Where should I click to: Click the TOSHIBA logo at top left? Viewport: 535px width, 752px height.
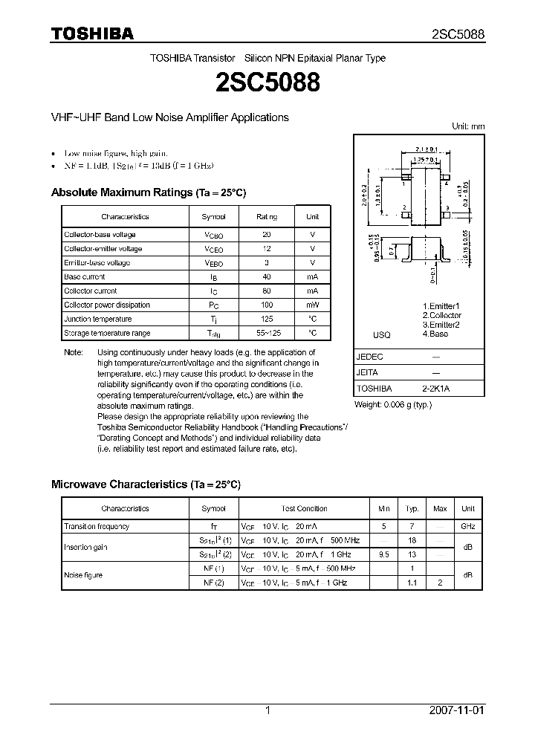coord(92,33)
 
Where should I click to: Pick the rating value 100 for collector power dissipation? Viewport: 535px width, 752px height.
coord(267,305)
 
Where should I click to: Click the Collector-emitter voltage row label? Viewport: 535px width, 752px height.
coord(103,249)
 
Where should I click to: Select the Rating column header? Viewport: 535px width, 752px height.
coord(267,216)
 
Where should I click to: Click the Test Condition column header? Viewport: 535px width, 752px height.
coord(304,508)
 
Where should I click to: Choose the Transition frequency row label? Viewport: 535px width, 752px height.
coord(97,526)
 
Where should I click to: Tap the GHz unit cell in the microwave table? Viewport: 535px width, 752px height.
coord(467,526)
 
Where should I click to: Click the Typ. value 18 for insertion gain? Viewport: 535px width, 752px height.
coord(412,541)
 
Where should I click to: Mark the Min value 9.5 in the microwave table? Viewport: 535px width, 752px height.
coord(383,554)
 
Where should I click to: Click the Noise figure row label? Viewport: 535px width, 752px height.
coord(83,575)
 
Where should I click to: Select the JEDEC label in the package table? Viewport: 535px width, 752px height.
coord(370,356)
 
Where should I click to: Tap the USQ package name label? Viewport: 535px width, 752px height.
coord(381,335)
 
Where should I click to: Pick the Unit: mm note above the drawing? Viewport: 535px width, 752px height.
coord(468,126)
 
